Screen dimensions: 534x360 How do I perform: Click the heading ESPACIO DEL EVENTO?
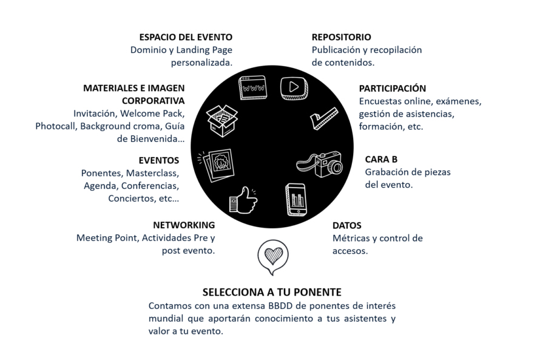point(186,37)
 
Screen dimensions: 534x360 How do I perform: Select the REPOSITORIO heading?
point(341,37)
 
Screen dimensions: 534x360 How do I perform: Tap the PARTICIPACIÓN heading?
point(393,88)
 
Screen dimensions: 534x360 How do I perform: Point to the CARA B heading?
point(381,159)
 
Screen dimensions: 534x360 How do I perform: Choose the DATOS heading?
point(346,225)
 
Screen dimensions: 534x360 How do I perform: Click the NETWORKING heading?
point(184,225)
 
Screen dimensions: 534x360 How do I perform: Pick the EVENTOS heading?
point(159,160)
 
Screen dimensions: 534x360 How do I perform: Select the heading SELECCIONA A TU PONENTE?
point(272,292)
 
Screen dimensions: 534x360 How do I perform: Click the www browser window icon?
point(252,87)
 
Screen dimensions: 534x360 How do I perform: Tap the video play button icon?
point(294,88)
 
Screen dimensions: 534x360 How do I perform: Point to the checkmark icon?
point(324,118)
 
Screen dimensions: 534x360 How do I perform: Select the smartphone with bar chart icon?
point(296,200)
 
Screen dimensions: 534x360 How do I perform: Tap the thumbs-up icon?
point(243,200)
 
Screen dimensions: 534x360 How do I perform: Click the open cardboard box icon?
point(222,121)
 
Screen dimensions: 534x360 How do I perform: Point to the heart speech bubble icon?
point(273,257)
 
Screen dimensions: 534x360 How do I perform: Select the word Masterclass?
point(152,173)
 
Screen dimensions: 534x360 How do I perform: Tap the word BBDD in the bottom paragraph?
point(280,305)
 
